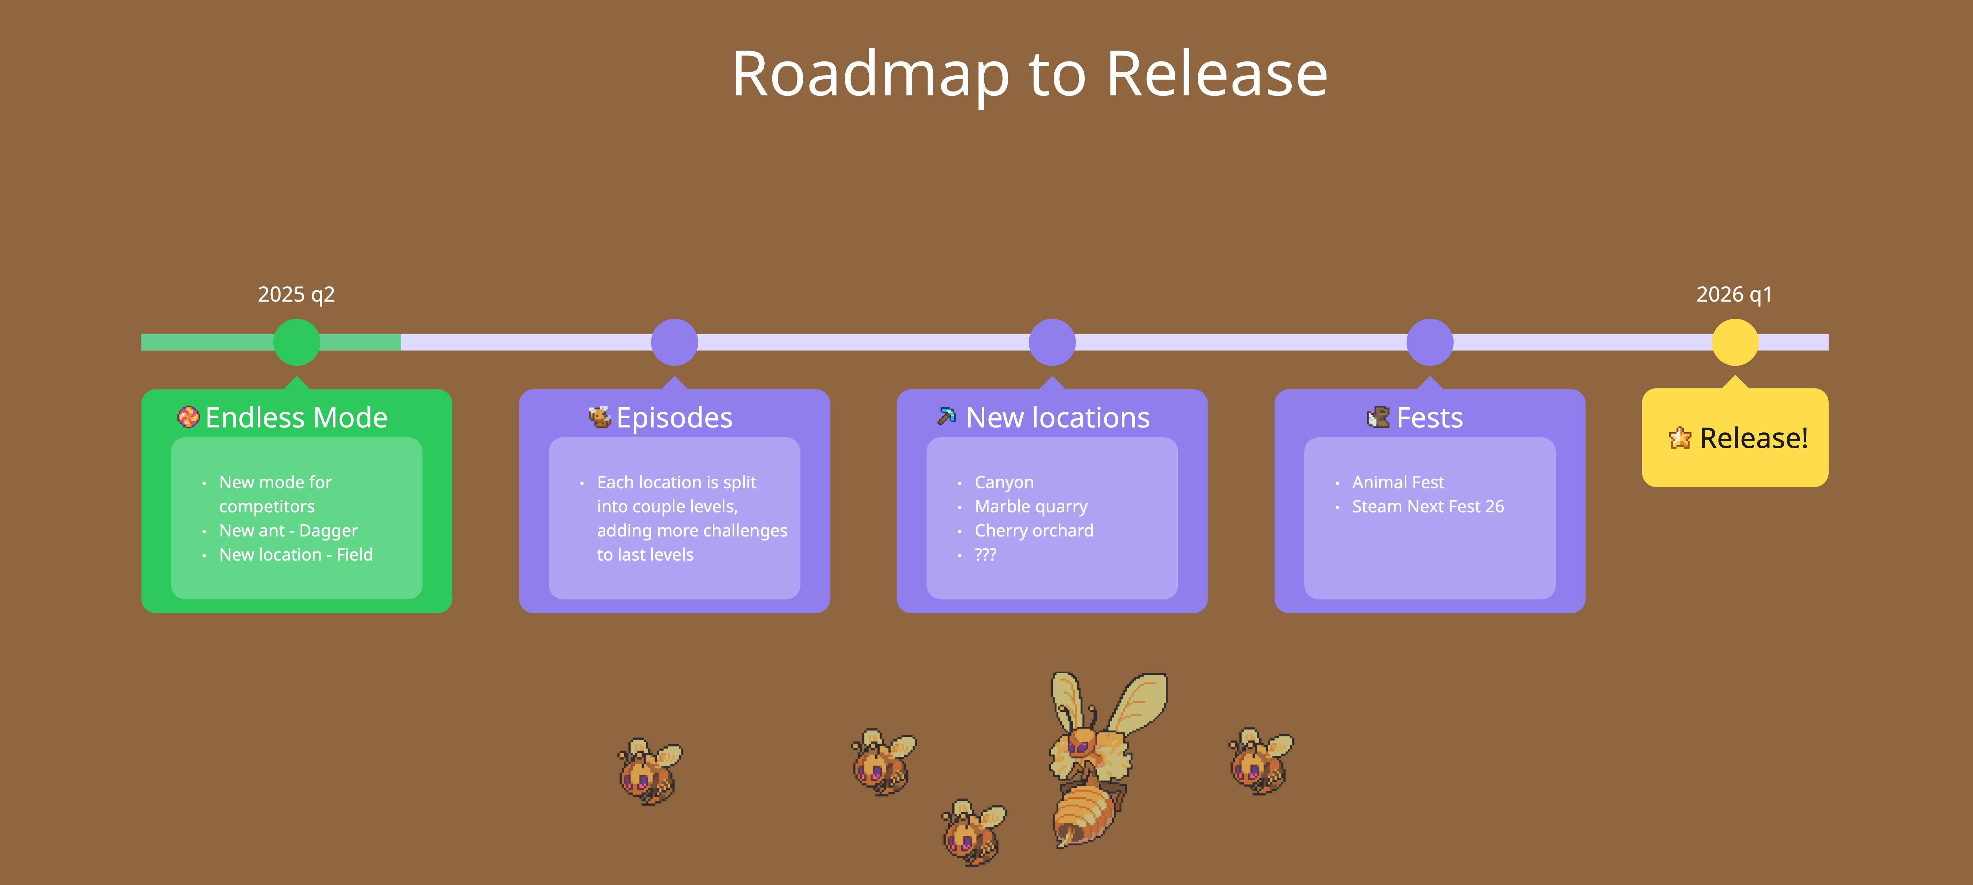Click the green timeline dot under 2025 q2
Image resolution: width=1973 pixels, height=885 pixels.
point(296,342)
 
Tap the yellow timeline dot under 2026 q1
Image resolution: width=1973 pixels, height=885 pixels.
point(1735,342)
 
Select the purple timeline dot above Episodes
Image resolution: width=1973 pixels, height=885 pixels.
point(674,342)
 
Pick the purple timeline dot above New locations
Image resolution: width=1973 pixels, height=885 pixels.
point(1052,342)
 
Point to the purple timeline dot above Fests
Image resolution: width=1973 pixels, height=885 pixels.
point(1429,342)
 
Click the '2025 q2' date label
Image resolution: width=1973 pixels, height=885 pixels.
point(296,295)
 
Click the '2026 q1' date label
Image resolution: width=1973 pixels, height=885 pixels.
point(1734,295)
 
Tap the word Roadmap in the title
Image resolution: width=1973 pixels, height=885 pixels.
point(870,74)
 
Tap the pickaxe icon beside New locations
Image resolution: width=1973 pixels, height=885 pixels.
point(947,417)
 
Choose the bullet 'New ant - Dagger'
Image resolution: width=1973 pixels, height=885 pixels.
point(288,531)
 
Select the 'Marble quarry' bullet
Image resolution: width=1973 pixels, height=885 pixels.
point(1031,507)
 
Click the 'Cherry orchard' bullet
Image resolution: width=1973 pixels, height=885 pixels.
point(1034,531)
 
